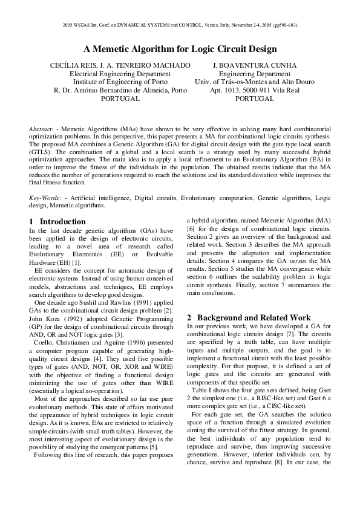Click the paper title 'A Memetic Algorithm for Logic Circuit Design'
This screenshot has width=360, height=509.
(x=180, y=49)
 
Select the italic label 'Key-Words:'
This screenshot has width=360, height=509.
(x=45, y=198)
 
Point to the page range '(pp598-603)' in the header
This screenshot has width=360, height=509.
(x=283, y=25)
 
